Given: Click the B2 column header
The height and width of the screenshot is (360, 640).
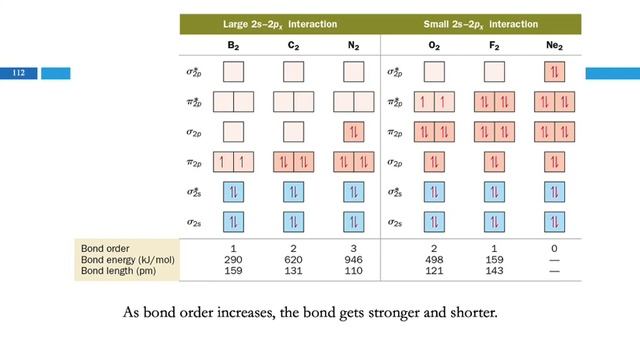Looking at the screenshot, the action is click(233, 45).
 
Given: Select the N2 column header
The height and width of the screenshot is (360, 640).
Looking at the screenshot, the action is click(353, 45).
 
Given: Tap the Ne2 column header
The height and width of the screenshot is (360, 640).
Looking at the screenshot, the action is click(554, 45).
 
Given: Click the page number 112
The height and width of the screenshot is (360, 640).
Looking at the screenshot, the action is click(18, 73).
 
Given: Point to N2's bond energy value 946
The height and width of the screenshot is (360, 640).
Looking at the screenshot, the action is click(353, 260).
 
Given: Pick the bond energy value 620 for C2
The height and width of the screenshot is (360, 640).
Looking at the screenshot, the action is click(293, 260).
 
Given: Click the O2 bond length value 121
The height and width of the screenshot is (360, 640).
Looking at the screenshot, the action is click(434, 271).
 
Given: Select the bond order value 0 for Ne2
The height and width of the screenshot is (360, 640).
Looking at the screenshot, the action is click(554, 249).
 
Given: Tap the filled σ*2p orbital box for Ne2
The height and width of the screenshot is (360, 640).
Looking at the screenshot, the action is click(554, 72).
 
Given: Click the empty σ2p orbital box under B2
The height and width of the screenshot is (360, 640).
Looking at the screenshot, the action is click(233, 132).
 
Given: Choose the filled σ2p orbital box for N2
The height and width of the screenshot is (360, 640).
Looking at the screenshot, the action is click(353, 132).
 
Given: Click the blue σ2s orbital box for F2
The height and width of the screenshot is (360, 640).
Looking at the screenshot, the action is click(494, 222).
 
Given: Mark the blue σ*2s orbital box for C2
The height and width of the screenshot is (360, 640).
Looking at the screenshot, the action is click(293, 192).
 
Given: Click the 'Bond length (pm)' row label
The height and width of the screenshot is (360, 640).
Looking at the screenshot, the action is click(118, 271).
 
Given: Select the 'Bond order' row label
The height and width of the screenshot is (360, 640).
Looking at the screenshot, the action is click(105, 249).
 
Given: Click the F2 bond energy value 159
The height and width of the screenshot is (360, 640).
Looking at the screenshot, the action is click(494, 260).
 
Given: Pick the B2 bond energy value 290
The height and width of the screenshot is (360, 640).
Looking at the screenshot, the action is click(233, 260).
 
